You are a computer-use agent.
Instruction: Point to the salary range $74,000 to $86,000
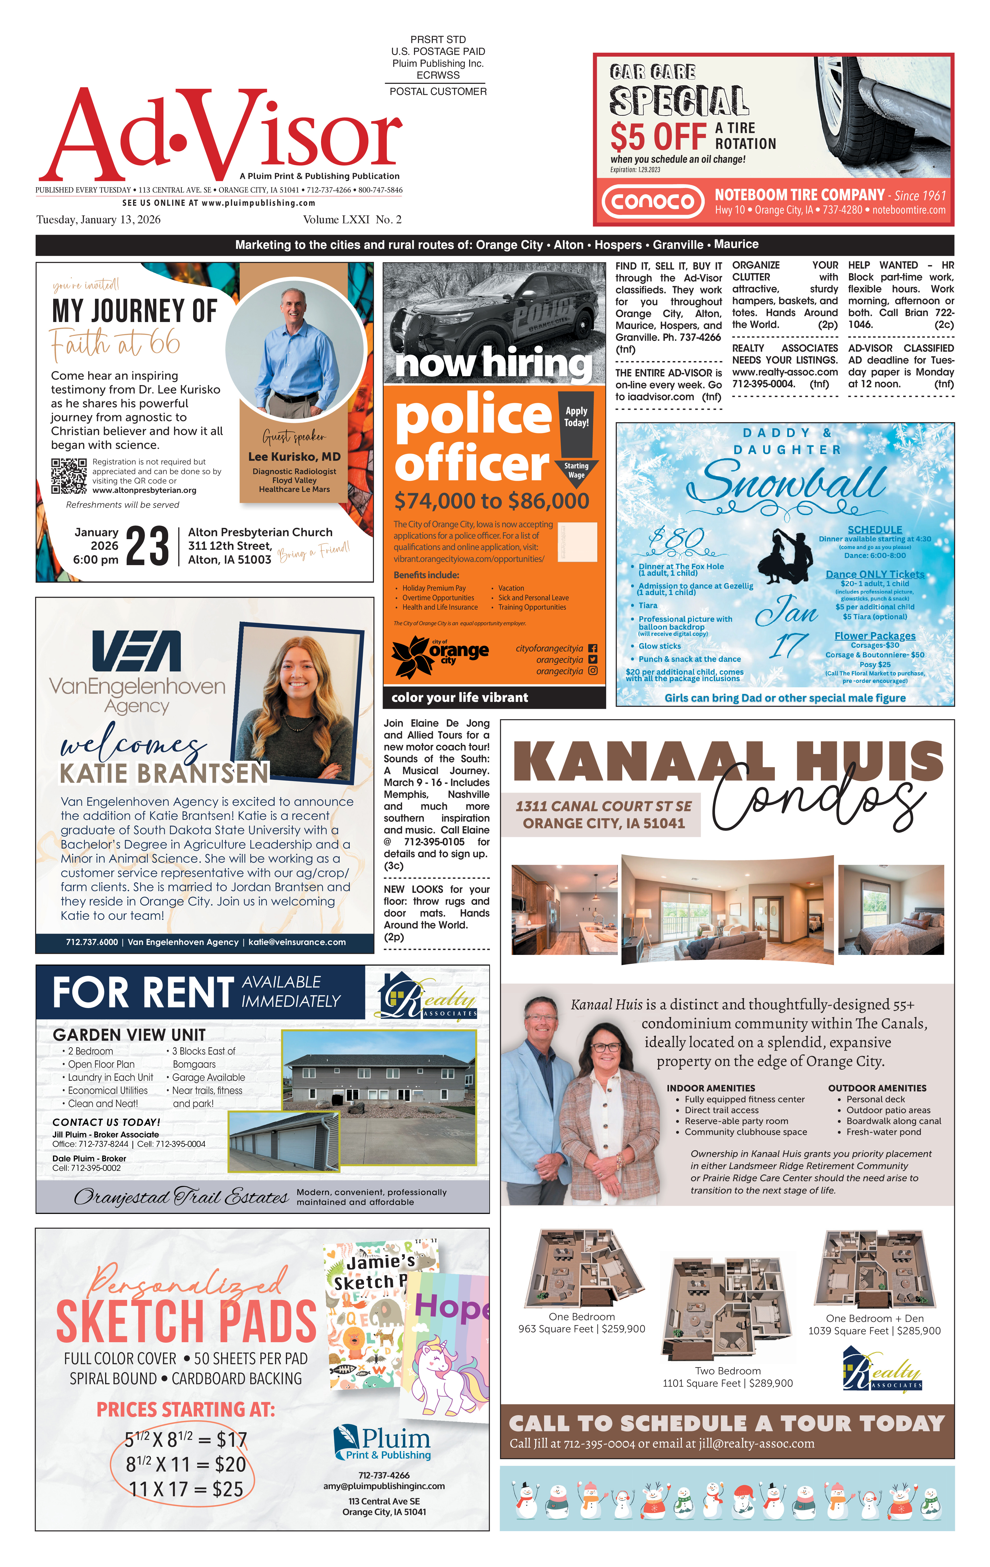pyautogui.click(x=491, y=501)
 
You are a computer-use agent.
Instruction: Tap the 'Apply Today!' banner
pyautogui.click(x=576, y=417)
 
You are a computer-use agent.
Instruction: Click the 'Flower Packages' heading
pyautogui.click(x=875, y=636)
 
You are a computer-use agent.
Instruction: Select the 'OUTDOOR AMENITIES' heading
pyautogui.click(x=877, y=1088)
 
